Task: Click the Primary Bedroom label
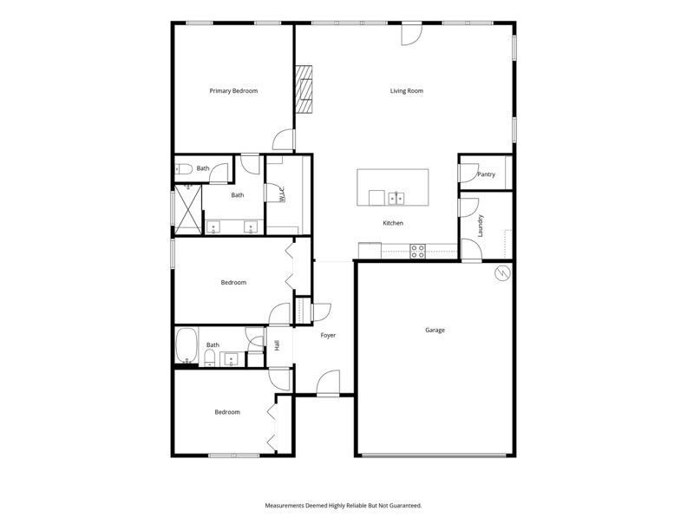tap(233, 91)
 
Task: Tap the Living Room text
tap(407, 91)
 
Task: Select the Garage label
tap(435, 330)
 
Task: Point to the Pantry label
tap(486, 174)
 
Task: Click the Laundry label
tap(481, 226)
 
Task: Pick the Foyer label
tap(328, 335)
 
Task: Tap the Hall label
tap(278, 345)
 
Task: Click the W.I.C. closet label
tap(282, 194)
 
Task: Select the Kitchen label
tap(393, 223)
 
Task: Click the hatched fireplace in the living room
tap(304, 89)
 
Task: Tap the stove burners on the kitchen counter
tap(417, 251)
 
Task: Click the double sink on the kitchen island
tap(396, 198)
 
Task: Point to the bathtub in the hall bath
tap(187, 345)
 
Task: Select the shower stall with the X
tap(188, 209)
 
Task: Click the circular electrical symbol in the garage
tap(502, 273)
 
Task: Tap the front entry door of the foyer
tap(328, 383)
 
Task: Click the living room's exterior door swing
tap(412, 34)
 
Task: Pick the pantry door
tap(468, 173)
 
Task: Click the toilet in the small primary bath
tap(184, 168)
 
